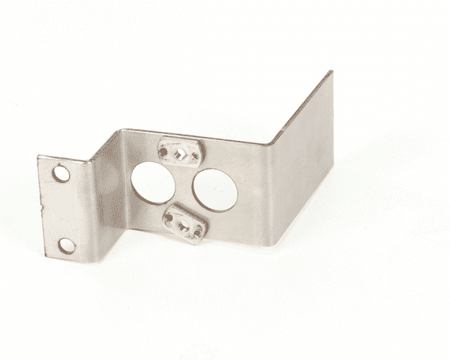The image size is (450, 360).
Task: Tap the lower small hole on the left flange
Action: tap(67, 245)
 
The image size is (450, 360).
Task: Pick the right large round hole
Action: tap(215, 190)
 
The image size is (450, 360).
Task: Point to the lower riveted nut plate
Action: tap(184, 223)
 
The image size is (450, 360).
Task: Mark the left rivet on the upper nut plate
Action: tap(164, 149)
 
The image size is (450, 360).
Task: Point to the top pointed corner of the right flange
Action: tap(330, 72)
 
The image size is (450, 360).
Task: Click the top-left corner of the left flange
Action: tap(39, 157)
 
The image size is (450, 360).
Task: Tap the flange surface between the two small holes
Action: tap(64, 210)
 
